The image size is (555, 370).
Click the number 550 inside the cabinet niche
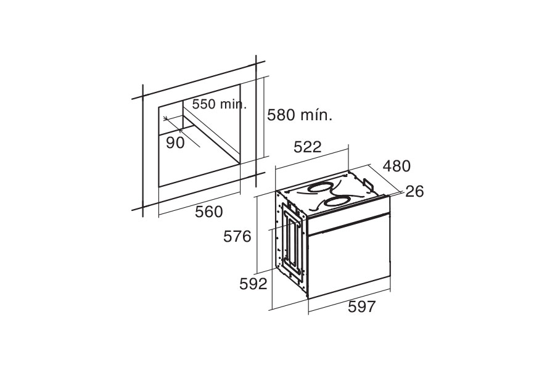coord(204,104)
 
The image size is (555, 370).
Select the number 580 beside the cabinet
coord(282,115)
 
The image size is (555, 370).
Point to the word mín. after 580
coord(317,115)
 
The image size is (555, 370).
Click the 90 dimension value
coord(176,142)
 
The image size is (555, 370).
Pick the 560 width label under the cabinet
coord(209,212)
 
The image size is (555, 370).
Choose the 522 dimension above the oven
coord(308,147)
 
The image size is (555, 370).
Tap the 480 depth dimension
coord(397,166)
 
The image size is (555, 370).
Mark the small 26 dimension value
coord(414,192)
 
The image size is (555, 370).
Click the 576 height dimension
coord(237,237)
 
